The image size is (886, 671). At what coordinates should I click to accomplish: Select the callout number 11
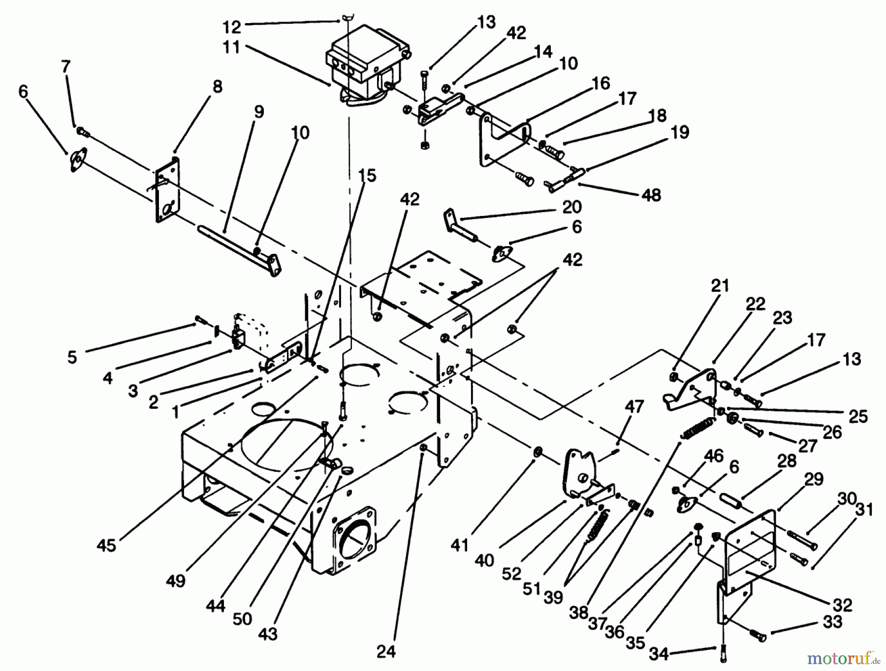[231, 48]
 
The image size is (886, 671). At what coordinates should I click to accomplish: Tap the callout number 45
[106, 545]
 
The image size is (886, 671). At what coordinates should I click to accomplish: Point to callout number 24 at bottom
[386, 652]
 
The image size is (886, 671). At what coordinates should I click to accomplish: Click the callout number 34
[659, 654]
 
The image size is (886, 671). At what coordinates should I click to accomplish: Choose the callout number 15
[367, 176]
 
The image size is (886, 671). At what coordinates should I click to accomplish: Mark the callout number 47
[634, 407]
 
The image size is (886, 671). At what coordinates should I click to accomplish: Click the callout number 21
[720, 286]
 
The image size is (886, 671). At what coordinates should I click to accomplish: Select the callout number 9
[259, 112]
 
